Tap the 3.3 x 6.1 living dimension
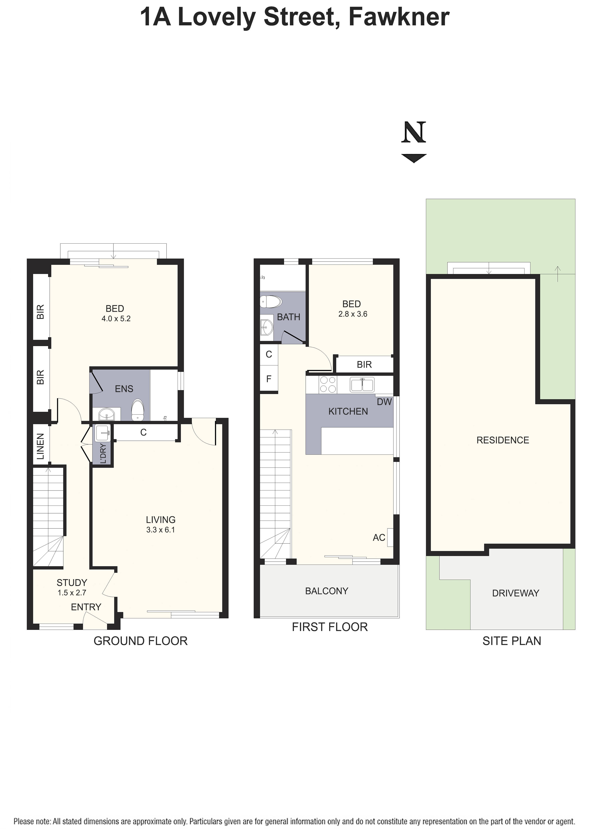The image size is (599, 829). (x=161, y=530)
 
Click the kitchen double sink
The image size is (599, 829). (x=362, y=385)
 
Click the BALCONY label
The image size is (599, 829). (x=327, y=591)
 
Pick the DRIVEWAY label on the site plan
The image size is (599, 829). (x=516, y=593)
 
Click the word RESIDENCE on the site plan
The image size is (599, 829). (x=503, y=440)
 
